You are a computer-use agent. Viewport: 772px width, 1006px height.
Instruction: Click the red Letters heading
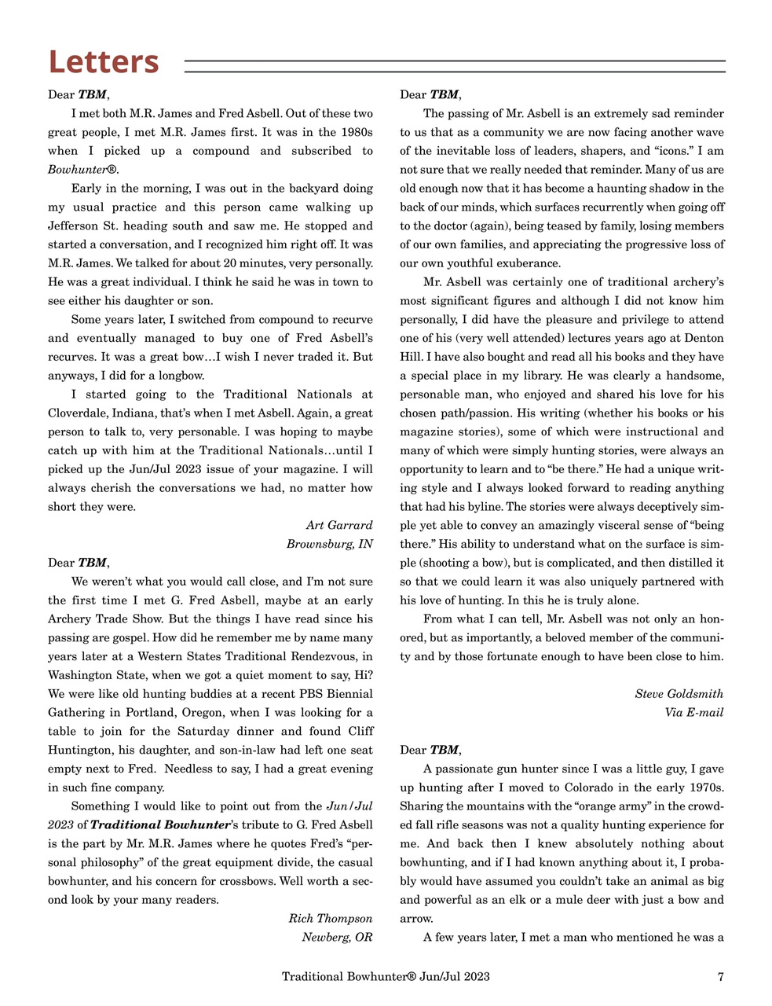tap(104, 61)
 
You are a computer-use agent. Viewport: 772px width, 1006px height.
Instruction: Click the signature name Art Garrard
tap(338, 525)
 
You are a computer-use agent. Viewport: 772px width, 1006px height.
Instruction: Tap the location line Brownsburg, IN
tap(329, 544)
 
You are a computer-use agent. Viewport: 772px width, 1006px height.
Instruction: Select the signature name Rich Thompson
tap(330, 918)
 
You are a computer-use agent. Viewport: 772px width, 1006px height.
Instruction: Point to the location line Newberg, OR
tap(337, 937)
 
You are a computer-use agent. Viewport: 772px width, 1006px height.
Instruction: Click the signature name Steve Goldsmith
tap(679, 693)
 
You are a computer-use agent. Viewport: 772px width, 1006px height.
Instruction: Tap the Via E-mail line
tap(693, 712)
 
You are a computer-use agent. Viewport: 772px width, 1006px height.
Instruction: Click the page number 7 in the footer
tap(720, 977)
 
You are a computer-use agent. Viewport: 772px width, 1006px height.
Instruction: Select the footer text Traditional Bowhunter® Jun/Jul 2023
tap(386, 977)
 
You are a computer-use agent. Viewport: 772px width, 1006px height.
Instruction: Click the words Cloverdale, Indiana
tap(101, 413)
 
